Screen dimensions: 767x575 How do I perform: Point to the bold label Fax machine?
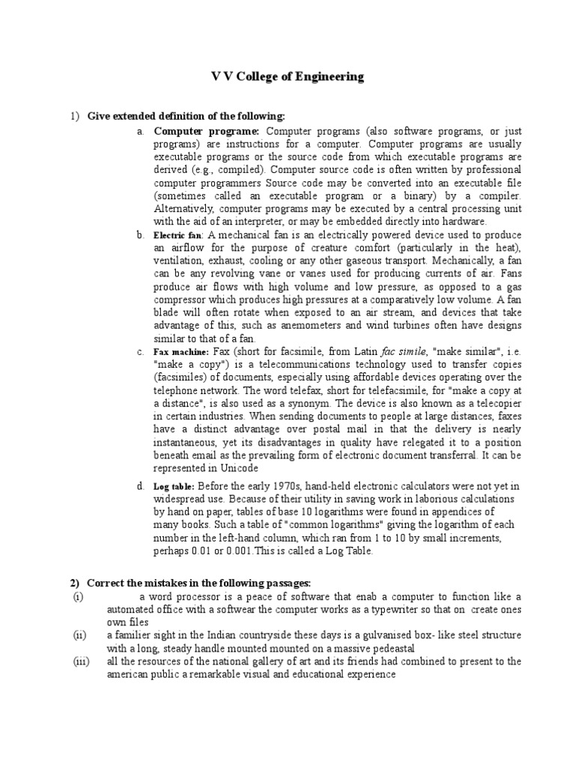181,352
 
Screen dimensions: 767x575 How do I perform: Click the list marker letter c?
140,351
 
